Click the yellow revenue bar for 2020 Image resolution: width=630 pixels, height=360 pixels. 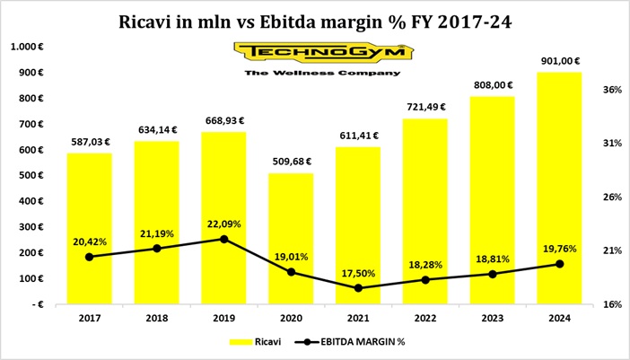[292, 238]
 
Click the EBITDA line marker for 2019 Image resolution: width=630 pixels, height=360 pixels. [224, 239]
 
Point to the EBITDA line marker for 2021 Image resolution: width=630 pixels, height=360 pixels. [359, 288]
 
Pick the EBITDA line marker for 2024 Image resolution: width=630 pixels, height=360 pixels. [560, 264]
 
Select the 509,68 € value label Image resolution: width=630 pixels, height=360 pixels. [292, 162]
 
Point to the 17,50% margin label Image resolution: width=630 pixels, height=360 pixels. [359, 272]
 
